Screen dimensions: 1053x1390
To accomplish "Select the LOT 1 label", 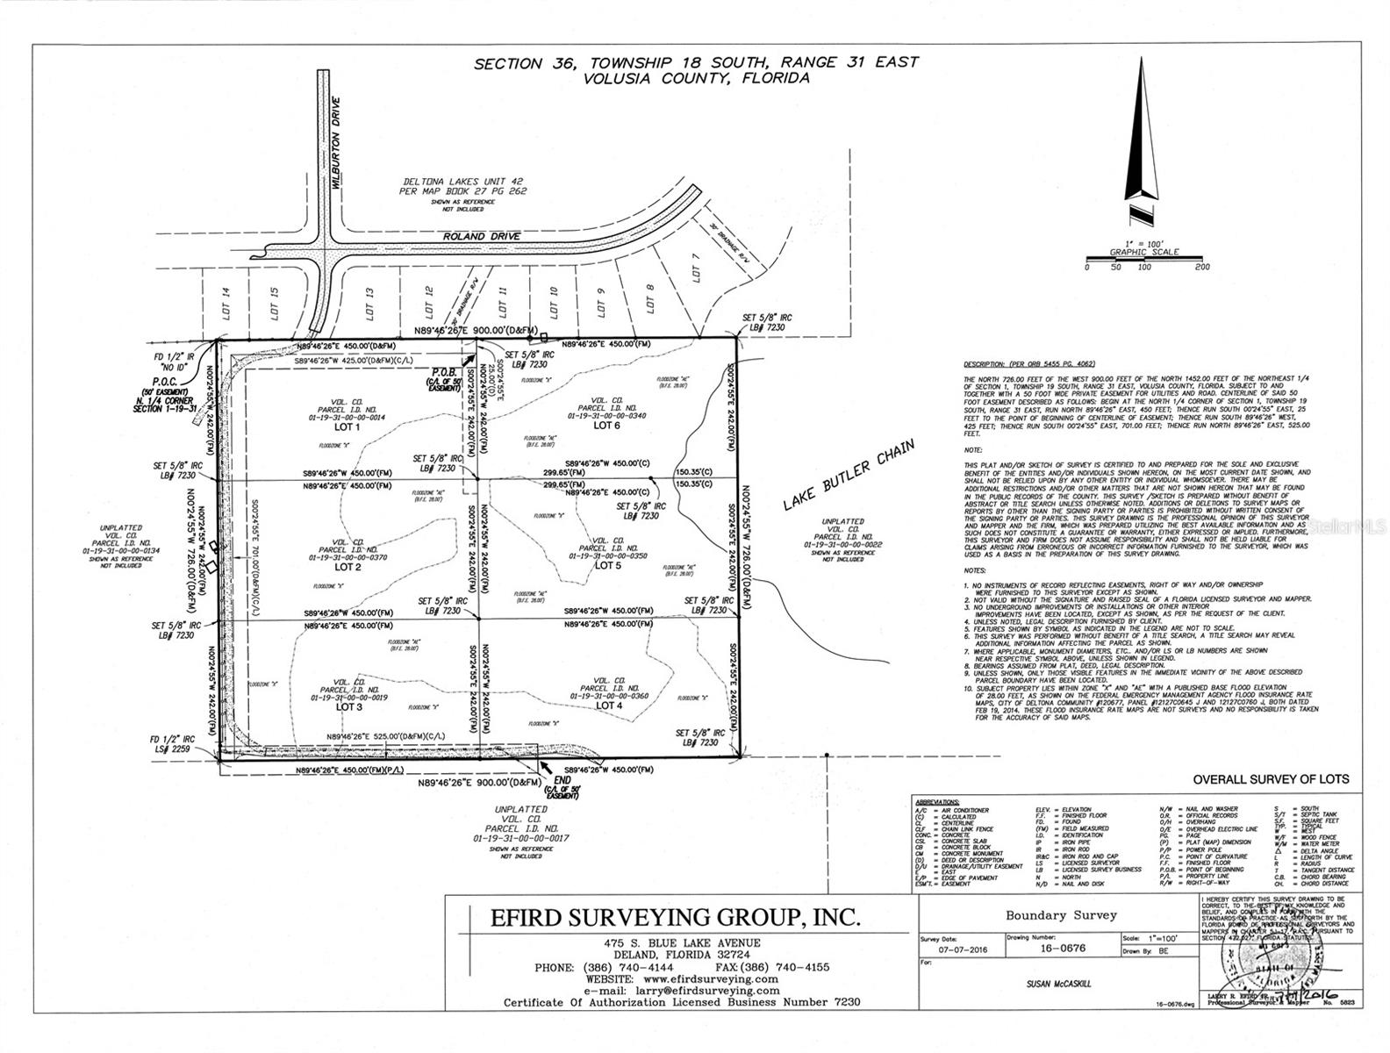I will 347,427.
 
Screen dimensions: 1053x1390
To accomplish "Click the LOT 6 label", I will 606,426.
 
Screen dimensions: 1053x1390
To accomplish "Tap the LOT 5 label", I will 607,565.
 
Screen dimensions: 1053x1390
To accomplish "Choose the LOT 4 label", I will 608,706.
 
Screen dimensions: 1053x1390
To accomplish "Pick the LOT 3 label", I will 348,706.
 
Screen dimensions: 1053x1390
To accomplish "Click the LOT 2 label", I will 348,567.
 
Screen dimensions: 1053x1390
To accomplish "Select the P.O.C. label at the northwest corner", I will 164,383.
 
